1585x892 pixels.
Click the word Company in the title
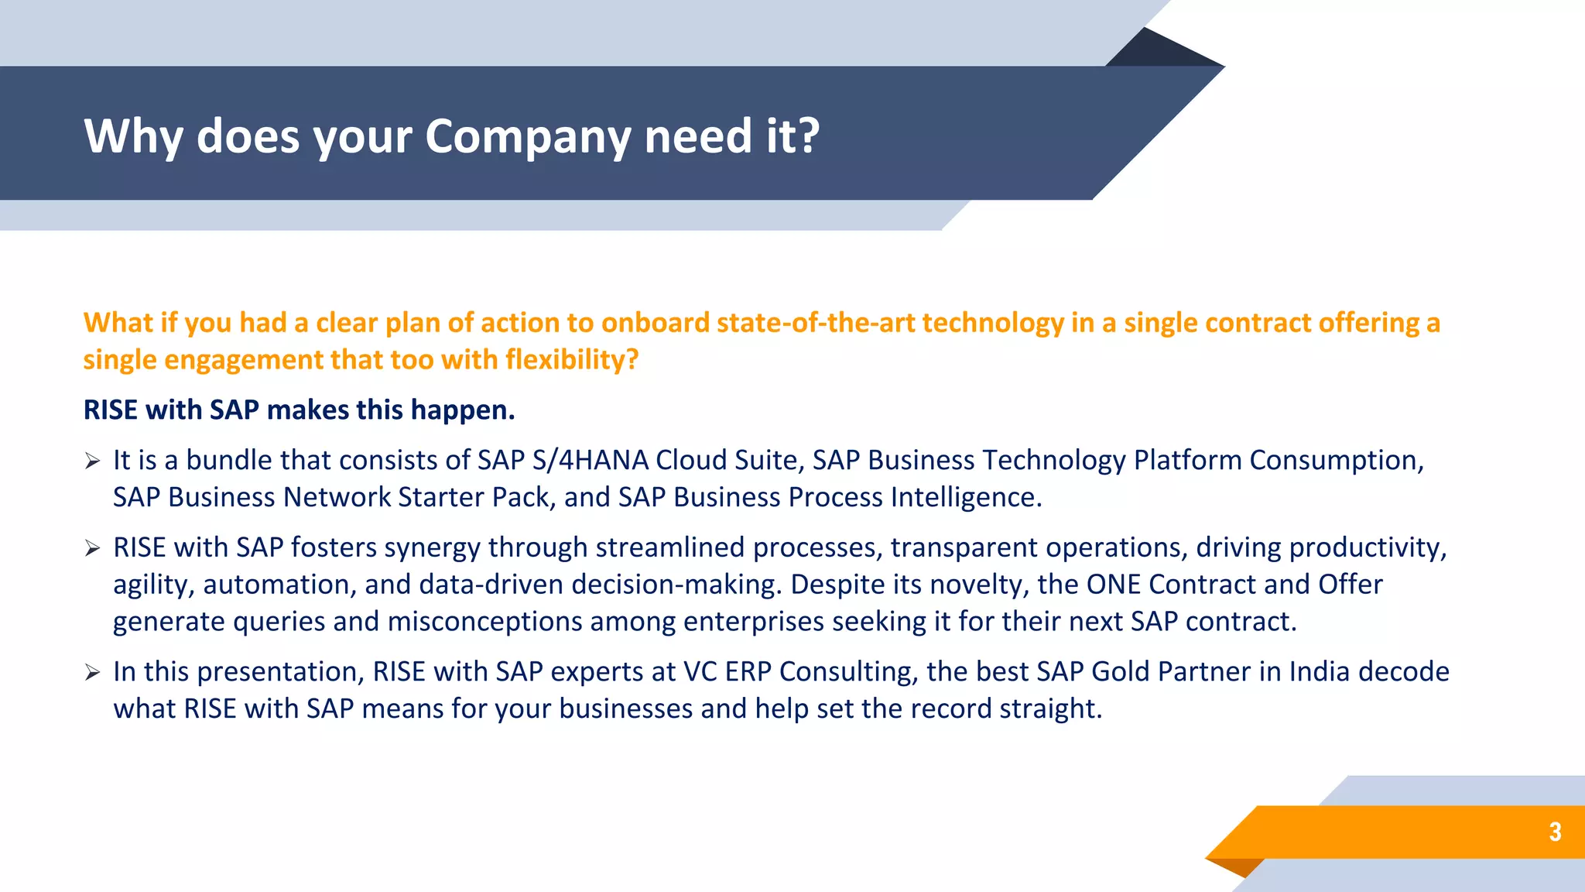[x=528, y=137]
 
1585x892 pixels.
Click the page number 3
[x=1555, y=832]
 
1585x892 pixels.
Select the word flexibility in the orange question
[x=571, y=360]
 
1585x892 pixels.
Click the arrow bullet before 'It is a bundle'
[x=93, y=461]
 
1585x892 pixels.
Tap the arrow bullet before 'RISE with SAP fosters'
[x=93, y=549]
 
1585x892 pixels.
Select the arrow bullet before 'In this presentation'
[x=93, y=673]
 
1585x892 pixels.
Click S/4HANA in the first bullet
[x=590, y=461]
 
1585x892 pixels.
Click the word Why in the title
[x=132, y=137]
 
